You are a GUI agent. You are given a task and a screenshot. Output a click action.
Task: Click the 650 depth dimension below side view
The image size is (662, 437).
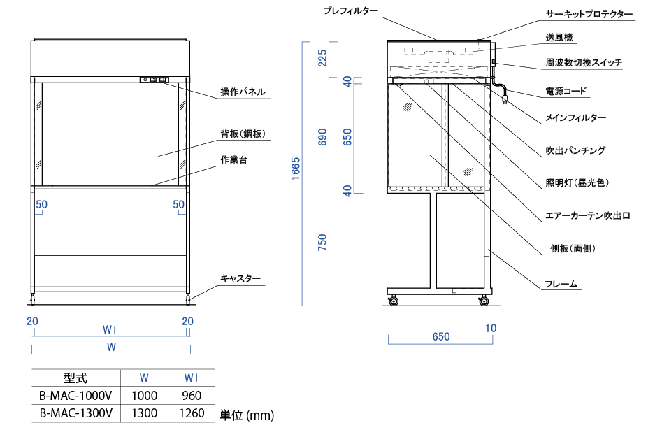point(441,336)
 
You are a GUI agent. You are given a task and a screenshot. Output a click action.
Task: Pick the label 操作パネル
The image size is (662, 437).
point(243,92)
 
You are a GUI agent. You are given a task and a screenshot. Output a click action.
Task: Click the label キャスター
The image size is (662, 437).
point(240,278)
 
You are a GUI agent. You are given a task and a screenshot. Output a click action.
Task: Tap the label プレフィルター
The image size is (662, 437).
point(351,11)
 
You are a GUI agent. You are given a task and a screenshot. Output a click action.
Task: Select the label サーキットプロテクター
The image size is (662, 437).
point(589,14)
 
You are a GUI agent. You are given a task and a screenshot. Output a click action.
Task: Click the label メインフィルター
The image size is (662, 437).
point(575,119)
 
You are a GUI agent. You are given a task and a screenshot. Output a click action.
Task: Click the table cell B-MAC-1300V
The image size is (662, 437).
point(76,413)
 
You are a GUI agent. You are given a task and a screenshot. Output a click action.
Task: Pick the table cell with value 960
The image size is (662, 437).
point(191,396)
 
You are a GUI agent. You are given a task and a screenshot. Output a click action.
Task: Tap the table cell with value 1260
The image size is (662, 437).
point(191,413)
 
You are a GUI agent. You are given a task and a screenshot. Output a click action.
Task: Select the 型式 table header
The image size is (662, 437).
point(75,378)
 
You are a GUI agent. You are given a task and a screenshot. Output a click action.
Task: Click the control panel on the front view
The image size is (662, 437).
point(155,80)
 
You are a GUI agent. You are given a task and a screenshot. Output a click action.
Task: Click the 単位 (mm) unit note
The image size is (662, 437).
point(247,415)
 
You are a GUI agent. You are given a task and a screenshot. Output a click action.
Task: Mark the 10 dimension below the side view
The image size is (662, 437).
point(491,327)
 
